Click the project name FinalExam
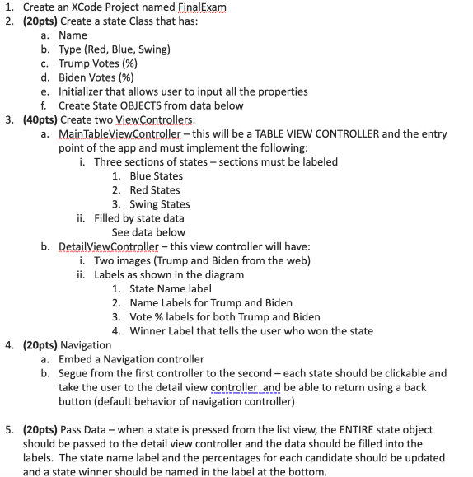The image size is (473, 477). (202, 7)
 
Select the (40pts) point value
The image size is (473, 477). (41, 119)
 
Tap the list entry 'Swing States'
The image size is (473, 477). (160, 203)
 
